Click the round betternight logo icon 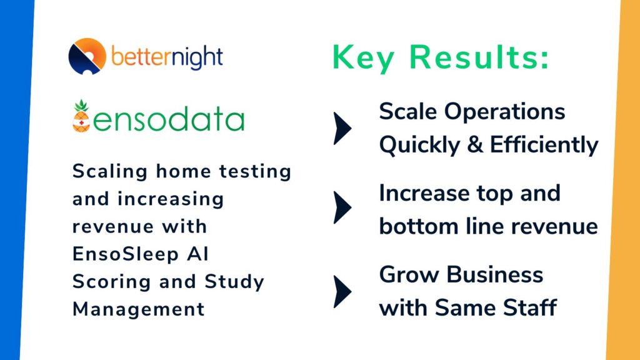[x=87, y=56]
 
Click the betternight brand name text [x=167, y=57]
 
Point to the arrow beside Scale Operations [x=342, y=129]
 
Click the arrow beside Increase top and [x=342, y=208]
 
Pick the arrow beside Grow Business [x=342, y=291]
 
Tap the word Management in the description [x=138, y=309]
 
